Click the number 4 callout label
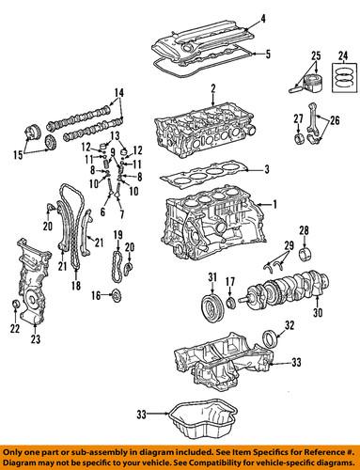point(262,19)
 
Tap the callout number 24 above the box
point(343,56)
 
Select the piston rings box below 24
point(344,78)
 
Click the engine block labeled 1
point(213,224)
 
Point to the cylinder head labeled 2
point(205,129)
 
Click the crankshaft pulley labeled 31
point(211,305)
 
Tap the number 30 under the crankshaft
point(318,312)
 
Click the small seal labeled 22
point(16,304)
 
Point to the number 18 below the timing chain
point(76,285)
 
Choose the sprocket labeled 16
point(117,295)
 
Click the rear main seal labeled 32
point(270,338)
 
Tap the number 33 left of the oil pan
point(142,415)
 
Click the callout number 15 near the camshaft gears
point(18,155)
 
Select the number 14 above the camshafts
point(118,93)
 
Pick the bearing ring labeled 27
point(298,138)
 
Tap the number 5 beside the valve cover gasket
point(268,55)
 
